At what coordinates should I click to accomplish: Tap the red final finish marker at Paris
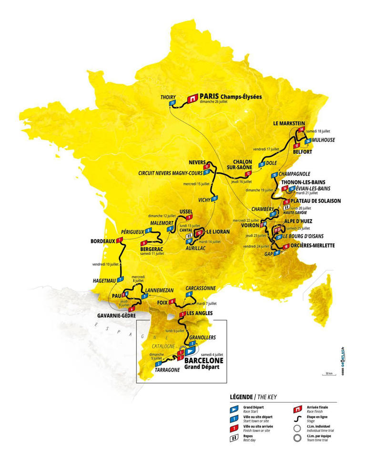click(192, 98)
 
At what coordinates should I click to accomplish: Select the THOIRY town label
click(168, 96)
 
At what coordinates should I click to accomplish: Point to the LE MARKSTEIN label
click(288, 123)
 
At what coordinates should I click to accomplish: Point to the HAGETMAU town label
click(104, 280)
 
